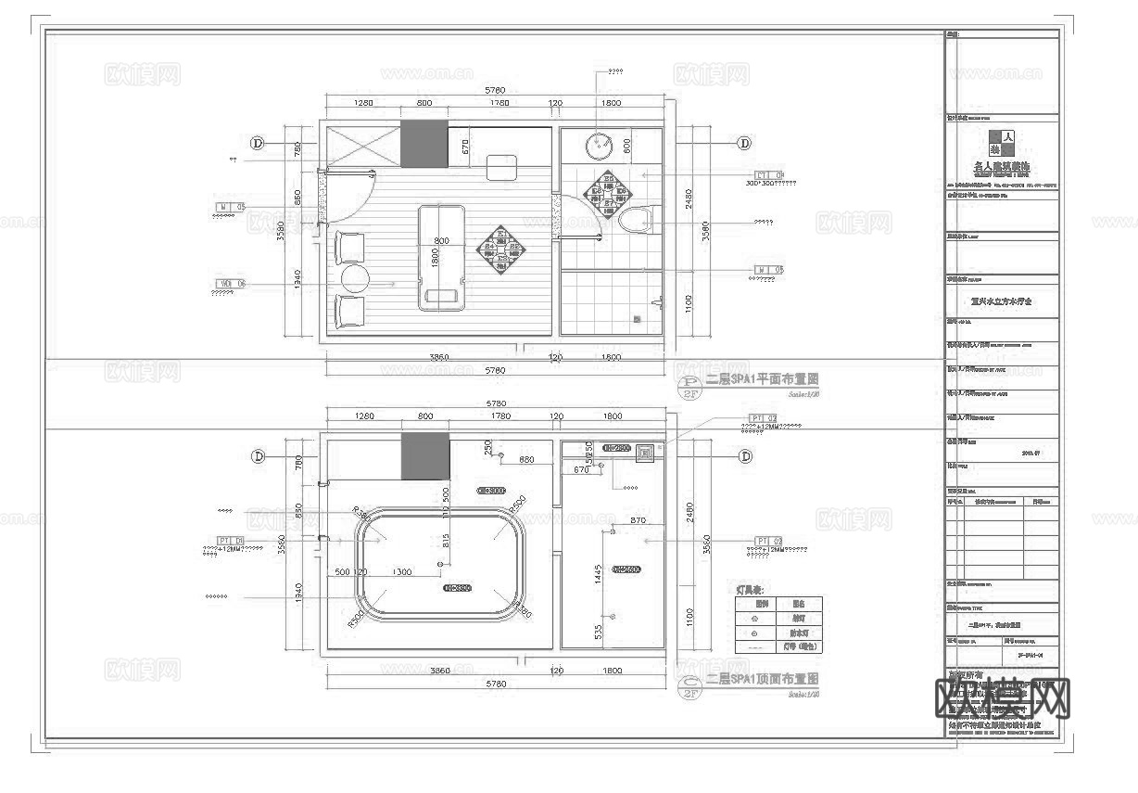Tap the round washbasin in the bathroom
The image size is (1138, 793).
pos(599,147)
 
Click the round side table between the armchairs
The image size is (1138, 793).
pos(354,277)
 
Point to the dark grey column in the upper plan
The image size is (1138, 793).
pos(424,143)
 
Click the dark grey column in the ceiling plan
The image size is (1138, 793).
pos(424,455)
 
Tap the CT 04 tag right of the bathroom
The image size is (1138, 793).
pos(769,174)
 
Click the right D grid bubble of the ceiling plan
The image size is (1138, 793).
pos(744,456)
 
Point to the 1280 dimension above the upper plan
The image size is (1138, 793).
pos(362,103)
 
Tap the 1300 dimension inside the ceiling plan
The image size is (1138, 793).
pos(402,571)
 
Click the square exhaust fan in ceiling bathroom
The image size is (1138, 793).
pos(645,454)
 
